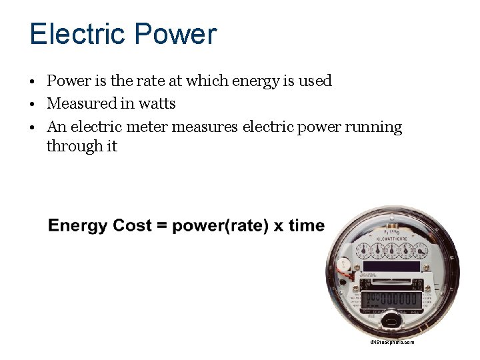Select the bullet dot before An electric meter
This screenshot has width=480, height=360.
pos(32,127)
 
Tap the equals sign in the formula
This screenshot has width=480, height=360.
pos(162,226)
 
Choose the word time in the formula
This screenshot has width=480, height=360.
pos(306,225)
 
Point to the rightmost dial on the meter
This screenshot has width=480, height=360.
pos(420,251)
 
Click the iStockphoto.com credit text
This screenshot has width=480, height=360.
pos(393,342)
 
